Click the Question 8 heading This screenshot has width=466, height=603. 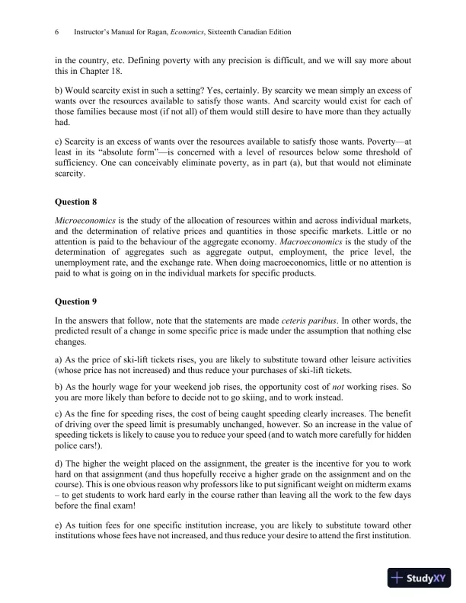click(x=77, y=203)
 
